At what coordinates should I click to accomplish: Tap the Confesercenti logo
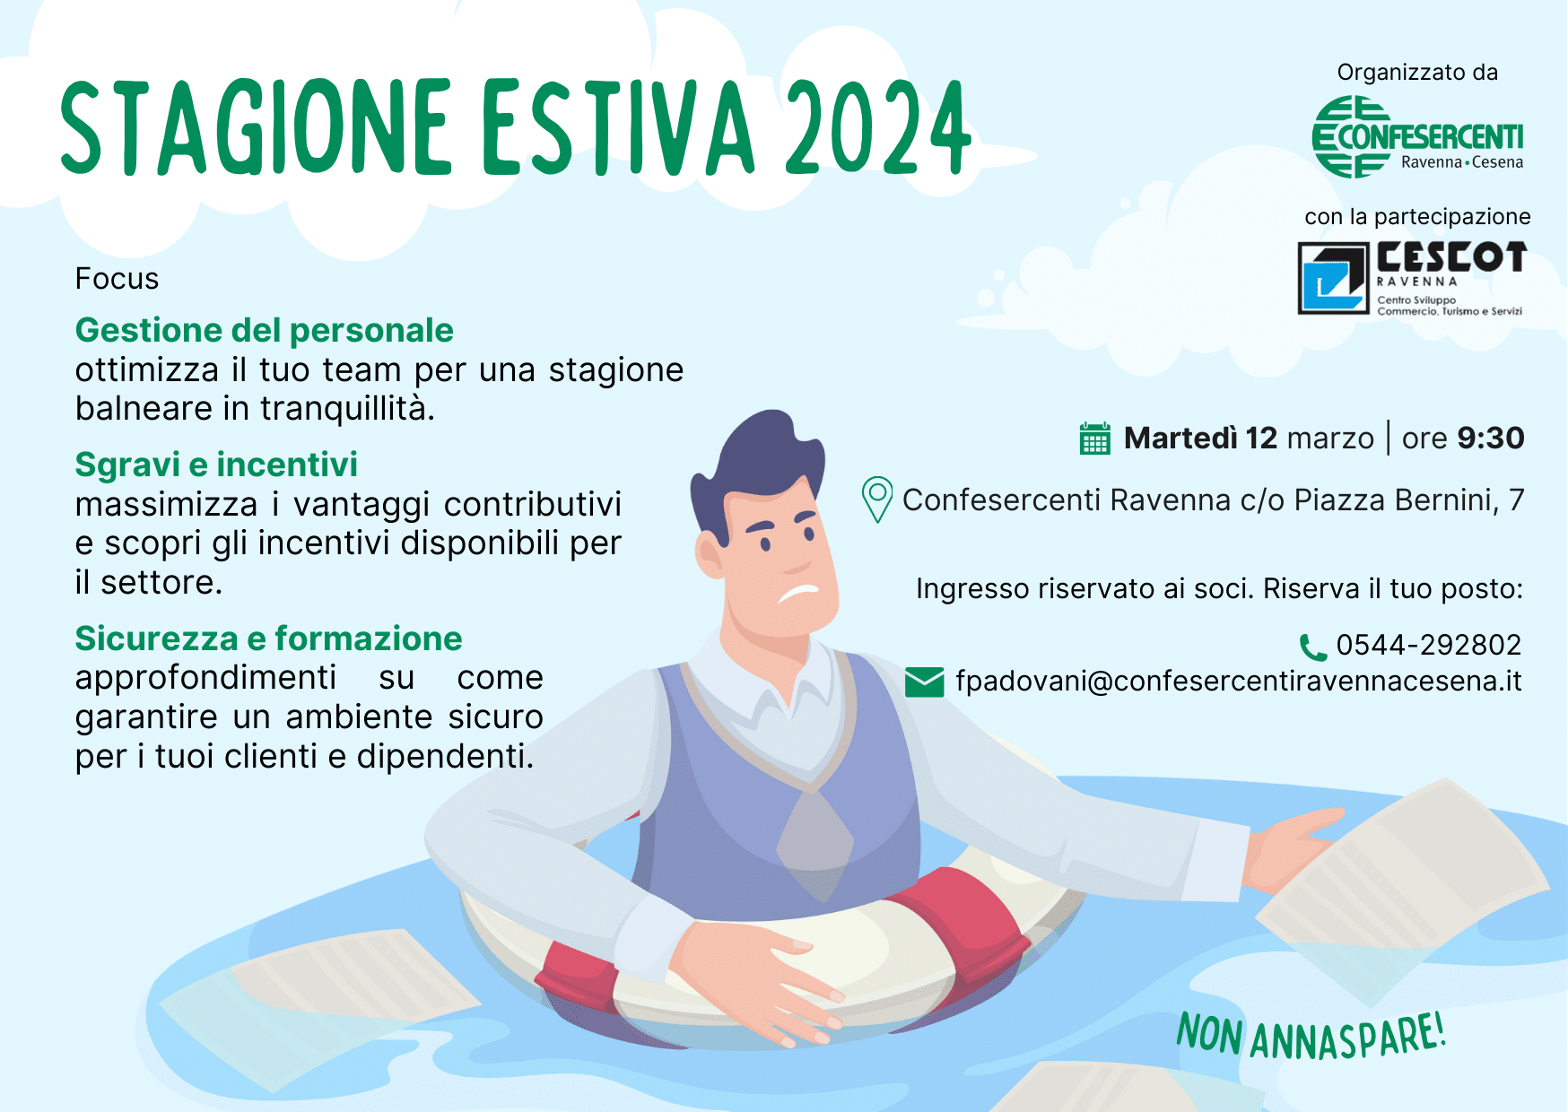[1417, 137]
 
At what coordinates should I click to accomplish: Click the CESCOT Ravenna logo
[1412, 278]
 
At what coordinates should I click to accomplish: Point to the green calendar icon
[1094, 439]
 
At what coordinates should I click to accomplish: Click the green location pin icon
[876, 500]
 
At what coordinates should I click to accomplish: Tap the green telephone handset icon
[1313, 647]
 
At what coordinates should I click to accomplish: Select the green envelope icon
[924, 682]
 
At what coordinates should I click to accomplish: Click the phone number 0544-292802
[1429, 645]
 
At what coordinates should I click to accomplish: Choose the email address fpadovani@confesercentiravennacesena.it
[1239, 682]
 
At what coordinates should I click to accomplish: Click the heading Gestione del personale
[265, 331]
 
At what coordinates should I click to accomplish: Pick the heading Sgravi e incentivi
[216, 465]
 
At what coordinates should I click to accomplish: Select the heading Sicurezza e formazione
[269, 639]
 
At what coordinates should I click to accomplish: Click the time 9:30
[1491, 439]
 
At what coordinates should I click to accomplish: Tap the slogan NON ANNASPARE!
[1311, 1036]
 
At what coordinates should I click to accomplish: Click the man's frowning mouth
[798, 593]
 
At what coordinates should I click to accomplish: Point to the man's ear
[710, 554]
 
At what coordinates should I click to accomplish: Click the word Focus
[117, 279]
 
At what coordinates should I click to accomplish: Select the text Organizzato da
[1417, 73]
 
